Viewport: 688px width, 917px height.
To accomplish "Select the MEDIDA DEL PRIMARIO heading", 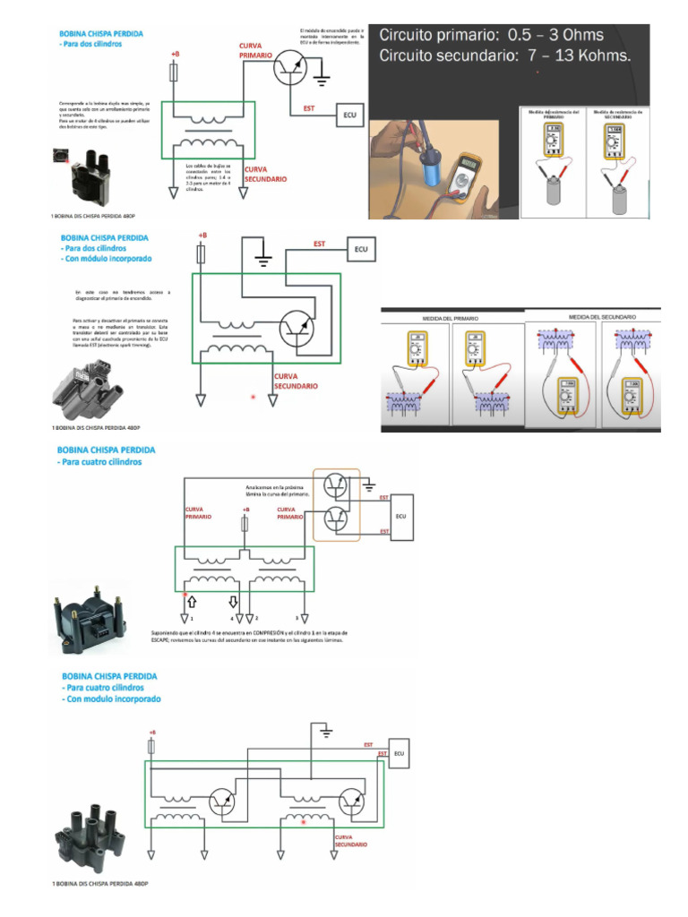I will [x=451, y=319].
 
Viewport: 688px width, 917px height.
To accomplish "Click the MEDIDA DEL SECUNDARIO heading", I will [x=602, y=317].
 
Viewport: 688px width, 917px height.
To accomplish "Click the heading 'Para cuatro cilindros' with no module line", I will [x=100, y=462].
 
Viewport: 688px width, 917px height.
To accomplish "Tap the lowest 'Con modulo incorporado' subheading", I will [x=111, y=698].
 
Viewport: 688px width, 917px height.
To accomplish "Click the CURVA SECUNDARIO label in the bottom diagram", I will [x=351, y=841].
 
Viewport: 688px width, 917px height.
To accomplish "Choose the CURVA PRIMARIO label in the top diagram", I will [x=255, y=50].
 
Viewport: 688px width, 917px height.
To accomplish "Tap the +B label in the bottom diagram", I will [x=151, y=733].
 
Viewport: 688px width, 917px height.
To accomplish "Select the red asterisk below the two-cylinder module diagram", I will [x=254, y=396].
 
